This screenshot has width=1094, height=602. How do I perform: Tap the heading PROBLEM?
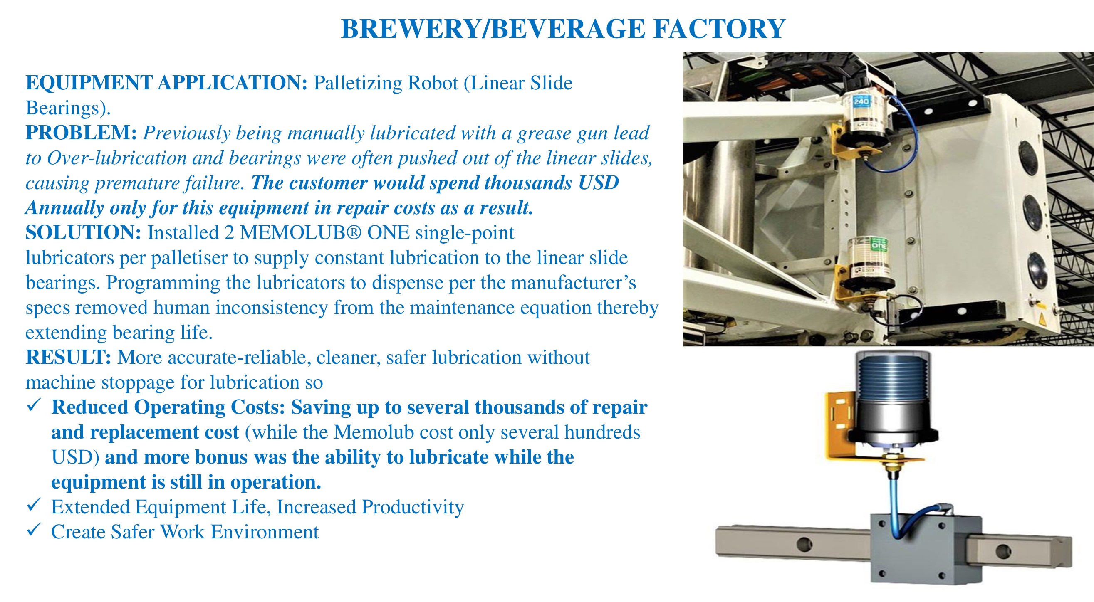(81, 133)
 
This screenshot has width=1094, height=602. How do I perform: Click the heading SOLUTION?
(83, 233)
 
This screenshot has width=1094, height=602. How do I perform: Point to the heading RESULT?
(68, 358)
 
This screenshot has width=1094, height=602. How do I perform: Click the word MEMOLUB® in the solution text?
(300, 233)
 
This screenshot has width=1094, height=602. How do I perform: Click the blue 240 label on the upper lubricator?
(861, 101)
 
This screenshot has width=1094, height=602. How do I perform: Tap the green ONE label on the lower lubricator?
(879, 245)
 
